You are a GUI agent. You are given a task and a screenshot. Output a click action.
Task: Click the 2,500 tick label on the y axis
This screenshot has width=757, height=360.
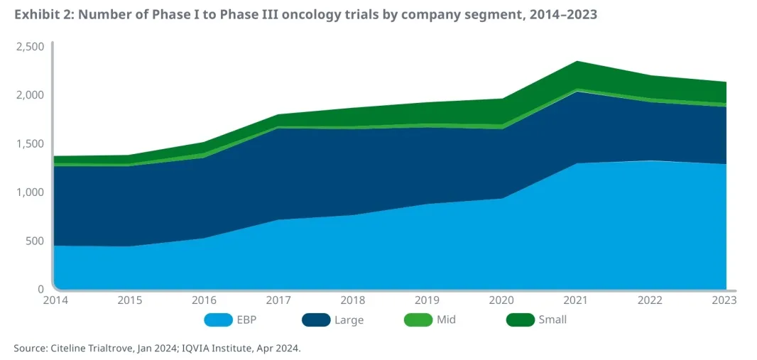[31, 47]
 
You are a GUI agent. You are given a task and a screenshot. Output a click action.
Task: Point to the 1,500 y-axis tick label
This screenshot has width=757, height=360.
[31, 143]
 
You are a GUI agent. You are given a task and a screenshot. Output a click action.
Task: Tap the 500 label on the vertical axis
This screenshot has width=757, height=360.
[34, 241]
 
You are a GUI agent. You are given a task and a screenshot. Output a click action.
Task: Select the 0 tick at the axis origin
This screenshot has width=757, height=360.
[40, 289]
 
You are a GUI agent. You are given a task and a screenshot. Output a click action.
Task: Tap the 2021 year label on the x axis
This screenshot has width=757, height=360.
[578, 300]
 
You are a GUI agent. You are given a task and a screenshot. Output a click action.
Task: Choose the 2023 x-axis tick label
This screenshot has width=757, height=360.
[724, 300]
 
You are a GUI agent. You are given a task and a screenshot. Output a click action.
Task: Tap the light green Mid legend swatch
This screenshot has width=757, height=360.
[418, 320]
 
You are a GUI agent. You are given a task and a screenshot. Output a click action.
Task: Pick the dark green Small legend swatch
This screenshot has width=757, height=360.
[520, 320]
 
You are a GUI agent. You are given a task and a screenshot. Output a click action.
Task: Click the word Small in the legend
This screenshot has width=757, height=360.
[553, 320]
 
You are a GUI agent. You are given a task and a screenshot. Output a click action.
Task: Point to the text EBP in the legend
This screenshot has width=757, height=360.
[246, 320]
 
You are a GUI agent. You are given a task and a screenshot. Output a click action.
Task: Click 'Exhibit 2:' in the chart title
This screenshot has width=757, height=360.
[43, 14]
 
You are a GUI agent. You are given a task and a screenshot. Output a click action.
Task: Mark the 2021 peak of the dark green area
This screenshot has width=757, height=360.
[577, 62]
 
